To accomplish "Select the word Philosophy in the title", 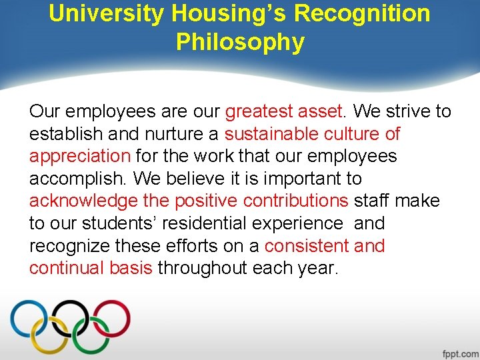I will point(240,43).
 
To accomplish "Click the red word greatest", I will point(257,111).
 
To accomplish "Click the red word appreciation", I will point(80,157).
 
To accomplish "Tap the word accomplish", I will point(77,179).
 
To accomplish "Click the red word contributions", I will point(296,201).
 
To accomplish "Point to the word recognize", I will point(69,247).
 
